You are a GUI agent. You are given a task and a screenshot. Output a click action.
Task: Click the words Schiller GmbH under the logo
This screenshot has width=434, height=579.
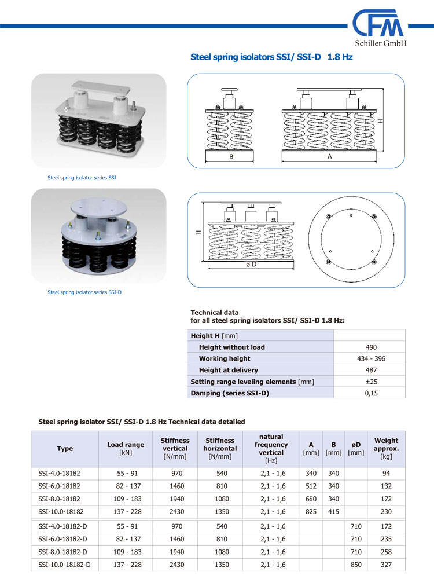click(381, 44)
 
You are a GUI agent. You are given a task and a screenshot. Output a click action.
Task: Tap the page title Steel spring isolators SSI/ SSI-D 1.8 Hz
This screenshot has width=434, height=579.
click(271, 57)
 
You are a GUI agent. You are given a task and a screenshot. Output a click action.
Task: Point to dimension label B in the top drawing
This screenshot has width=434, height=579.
click(231, 156)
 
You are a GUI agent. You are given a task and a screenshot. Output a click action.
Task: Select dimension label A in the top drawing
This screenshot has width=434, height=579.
click(330, 156)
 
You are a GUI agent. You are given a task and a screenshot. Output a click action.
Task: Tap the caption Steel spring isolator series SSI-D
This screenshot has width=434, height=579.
click(84, 292)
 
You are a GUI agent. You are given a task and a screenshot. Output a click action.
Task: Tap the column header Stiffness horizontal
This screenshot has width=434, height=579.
click(220, 449)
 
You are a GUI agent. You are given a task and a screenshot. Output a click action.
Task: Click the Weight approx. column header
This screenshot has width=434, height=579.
click(386, 449)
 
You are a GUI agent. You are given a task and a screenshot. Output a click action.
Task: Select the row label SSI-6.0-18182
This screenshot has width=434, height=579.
click(59, 486)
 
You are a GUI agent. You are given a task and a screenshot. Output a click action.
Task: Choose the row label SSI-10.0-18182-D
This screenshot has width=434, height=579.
click(64, 565)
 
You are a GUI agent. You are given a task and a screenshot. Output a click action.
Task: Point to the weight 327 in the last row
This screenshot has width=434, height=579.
click(387, 565)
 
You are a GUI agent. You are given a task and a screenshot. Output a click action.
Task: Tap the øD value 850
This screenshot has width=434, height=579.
click(356, 565)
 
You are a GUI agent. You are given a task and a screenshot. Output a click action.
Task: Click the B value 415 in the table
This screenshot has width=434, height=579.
click(333, 511)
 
